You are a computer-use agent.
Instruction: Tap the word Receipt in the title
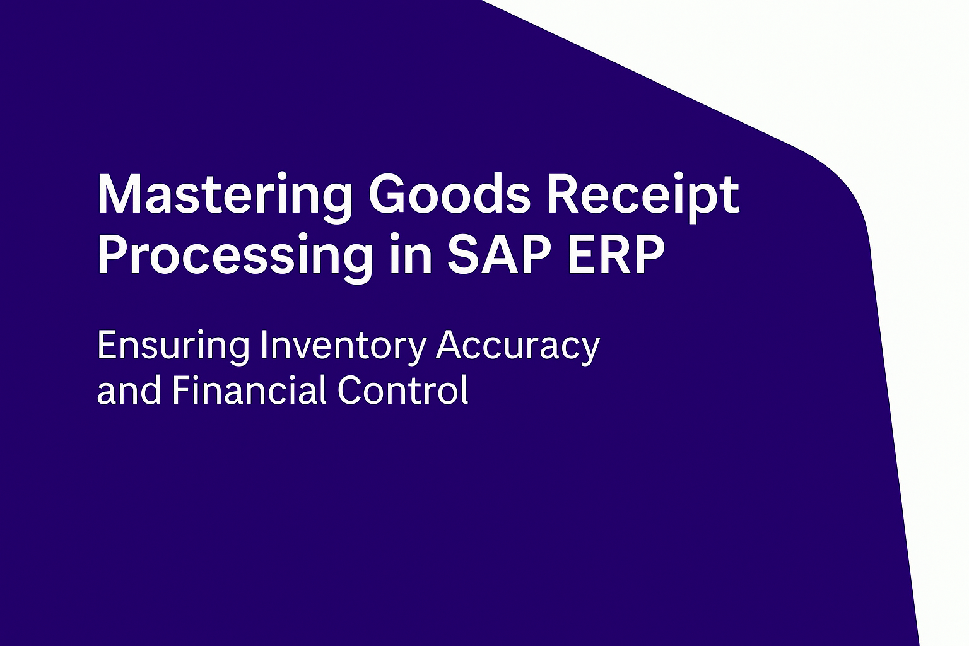642,196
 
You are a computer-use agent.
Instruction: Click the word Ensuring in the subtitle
173,346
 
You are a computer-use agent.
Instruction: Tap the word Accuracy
518,346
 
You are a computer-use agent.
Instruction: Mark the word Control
403,389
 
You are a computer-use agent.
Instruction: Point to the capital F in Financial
180,389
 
